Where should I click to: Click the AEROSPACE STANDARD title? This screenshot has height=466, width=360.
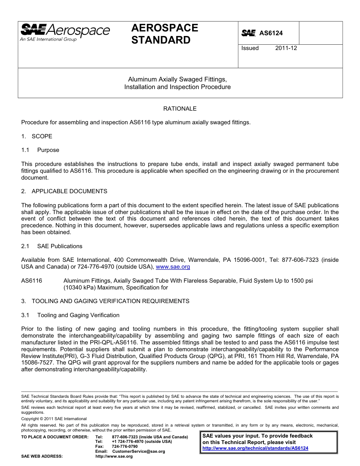[164, 34]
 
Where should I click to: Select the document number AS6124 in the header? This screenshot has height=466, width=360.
[271, 33]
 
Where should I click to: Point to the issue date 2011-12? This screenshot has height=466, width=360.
[286, 48]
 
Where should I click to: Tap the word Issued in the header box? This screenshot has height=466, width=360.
[250, 48]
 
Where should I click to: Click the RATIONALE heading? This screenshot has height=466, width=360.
[180, 109]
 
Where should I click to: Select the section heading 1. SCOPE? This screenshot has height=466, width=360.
[37, 136]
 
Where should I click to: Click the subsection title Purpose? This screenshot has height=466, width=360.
[48, 150]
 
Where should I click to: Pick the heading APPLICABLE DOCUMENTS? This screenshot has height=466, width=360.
[69, 191]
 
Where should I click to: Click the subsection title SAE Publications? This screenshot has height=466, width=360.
[59, 246]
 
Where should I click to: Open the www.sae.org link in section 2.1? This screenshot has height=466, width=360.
[173, 267]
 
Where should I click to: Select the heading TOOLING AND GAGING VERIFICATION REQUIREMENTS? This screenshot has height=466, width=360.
[110, 301]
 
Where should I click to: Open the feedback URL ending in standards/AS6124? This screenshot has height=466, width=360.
[255, 448]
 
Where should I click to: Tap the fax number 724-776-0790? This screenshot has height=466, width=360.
[125, 447]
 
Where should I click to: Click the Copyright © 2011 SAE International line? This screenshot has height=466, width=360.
[54, 419]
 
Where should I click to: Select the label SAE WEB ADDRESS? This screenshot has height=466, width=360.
[42, 457]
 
